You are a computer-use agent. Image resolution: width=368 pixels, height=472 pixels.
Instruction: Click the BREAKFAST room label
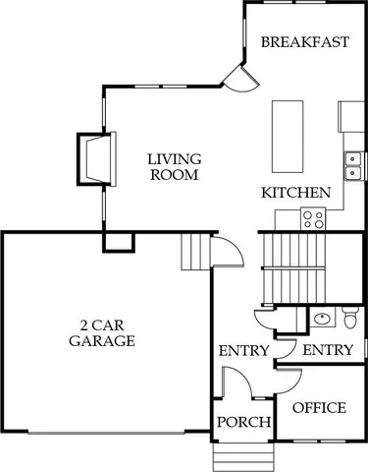click(x=304, y=42)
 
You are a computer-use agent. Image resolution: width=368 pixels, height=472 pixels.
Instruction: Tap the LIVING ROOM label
click(x=175, y=166)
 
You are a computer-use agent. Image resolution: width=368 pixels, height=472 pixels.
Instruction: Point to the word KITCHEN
click(x=295, y=193)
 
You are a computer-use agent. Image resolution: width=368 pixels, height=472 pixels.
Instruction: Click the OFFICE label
click(x=320, y=408)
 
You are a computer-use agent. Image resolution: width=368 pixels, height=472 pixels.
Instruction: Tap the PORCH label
click(x=243, y=423)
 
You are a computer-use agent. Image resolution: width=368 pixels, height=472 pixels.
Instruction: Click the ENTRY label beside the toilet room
click(x=328, y=351)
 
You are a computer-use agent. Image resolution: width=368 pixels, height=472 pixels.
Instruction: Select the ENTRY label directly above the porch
click(x=243, y=351)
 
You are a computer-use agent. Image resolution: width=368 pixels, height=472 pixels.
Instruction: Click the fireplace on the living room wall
click(x=94, y=158)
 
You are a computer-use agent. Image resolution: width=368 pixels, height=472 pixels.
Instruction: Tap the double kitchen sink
click(x=350, y=158)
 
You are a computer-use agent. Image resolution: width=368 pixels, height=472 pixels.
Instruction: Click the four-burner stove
click(x=314, y=219)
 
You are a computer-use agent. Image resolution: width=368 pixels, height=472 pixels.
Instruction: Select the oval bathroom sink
click(x=321, y=318)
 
